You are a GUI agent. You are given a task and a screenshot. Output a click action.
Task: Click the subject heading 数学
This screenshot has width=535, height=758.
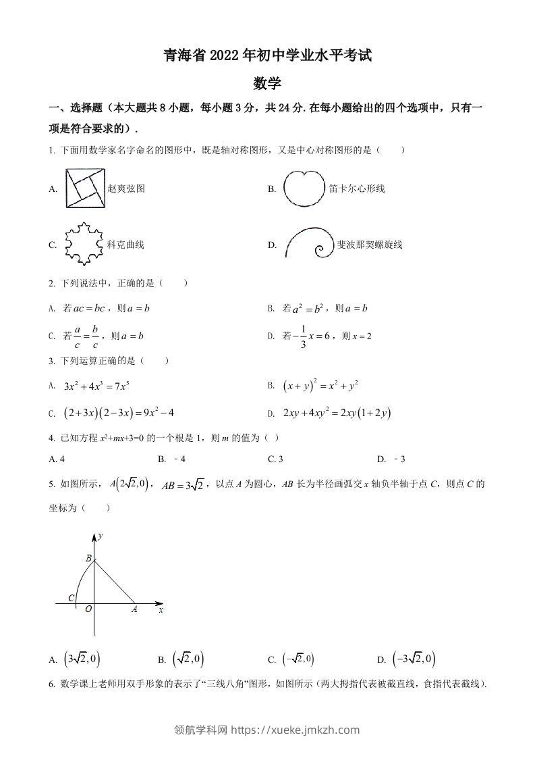click(x=267, y=84)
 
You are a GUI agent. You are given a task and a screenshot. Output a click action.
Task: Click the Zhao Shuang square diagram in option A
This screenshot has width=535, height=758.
click(x=85, y=189)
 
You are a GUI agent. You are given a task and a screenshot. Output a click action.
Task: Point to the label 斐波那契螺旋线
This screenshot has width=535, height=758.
click(x=370, y=245)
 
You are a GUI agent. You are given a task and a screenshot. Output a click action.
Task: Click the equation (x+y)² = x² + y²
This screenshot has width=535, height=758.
click(x=321, y=386)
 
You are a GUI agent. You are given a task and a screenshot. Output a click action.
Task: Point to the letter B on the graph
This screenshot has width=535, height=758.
click(x=88, y=558)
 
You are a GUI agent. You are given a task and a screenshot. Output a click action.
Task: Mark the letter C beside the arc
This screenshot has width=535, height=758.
click(x=72, y=599)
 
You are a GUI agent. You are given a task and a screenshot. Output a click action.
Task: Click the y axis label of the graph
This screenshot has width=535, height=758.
click(x=100, y=536)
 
